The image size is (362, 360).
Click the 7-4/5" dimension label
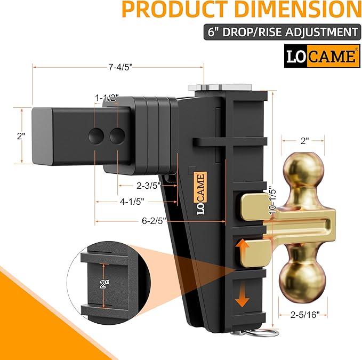[x=118, y=67]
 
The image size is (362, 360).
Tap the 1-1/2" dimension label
[x=107, y=98]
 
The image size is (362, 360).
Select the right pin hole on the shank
[x=116, y=137]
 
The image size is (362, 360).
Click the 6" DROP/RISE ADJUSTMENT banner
[x=280, y=31]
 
